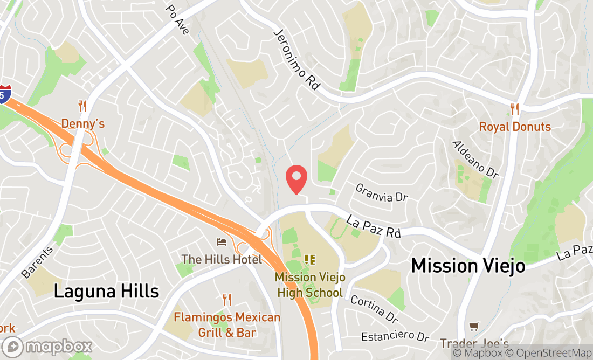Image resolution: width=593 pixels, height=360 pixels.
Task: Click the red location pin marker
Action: [296, 179]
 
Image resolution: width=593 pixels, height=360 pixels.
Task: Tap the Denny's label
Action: [82, 123]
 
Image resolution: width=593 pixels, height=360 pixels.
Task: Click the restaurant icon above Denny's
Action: [82, 106]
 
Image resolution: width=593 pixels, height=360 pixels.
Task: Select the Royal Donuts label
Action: [515, 127]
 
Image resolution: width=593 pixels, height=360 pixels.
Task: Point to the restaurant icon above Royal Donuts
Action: [515, 109]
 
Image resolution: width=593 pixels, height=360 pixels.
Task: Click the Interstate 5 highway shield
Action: [5, 94]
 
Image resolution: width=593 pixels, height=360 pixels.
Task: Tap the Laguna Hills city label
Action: [107, 292]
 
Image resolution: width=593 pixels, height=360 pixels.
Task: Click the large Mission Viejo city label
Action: [468, 266]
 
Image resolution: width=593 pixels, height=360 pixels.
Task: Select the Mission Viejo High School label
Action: [309, 285]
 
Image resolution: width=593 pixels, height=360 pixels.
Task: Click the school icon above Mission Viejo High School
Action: [309, 260]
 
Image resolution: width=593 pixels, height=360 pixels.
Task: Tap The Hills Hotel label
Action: [222, 259]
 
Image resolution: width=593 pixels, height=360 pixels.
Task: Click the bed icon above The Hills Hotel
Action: [222, 241]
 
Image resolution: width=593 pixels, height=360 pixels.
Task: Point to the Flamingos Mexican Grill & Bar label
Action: [227, 324]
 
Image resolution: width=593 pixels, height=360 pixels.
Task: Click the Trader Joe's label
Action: [474, 343]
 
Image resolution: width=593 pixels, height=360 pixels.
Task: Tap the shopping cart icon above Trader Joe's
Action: [474, 326]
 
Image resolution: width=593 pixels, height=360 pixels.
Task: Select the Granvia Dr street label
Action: [381, 193]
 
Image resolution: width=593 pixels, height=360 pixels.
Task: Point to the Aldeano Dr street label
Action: [475, 160]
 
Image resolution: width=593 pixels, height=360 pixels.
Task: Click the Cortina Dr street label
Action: [374, 307]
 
